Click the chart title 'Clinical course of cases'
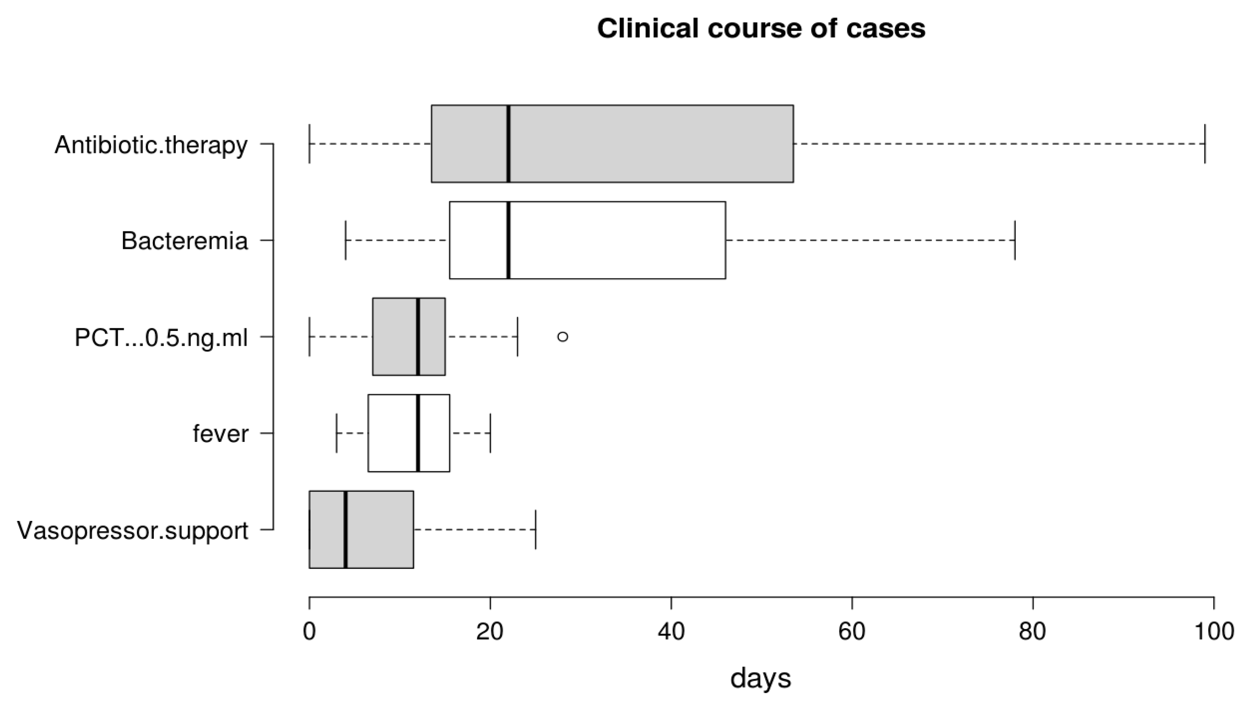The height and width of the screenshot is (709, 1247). pyautogui.click(x=761, y=28)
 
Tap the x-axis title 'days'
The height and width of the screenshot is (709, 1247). pyautogui.click(x=761, y=678)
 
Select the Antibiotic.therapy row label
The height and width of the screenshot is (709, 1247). pyautogui.click(x=151, y=145)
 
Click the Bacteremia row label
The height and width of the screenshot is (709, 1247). pyautogui.click(x=184, y=241)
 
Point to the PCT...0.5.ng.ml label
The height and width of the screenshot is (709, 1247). pyautogui.click(x=161, y=337)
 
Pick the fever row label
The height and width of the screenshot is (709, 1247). pyautogui.click(x=220, y=433)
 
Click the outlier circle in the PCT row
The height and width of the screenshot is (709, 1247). pyautogui.click(x=563, y=336)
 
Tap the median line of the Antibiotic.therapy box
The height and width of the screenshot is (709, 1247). pyautogui.click(x=508, y=144)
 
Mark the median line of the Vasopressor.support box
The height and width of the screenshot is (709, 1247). pyautogui.click(x=345, y=529)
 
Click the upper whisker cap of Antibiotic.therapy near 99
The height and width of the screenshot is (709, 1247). pyautogui.click(x=1205, y=144)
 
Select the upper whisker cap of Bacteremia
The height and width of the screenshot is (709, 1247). pyautogui.click(x=1015, y=240)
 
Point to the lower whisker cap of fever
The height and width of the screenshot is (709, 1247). pyautogui.click(x=337, y=433)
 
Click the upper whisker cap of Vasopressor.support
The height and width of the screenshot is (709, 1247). pyautogui.click(x=536, y=529)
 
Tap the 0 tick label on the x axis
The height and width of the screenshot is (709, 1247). pyautogui.click(x=309, y=631)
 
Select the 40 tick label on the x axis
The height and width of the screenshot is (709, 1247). pyautogui.click(x=671, y=631)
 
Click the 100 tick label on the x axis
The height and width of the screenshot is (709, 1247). pyautogui.click(x=1214, y=631)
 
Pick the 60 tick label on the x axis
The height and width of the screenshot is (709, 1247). pyautogui.click(x=852, y=631)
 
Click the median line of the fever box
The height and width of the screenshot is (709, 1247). pyautogui.click(x=418, y=433)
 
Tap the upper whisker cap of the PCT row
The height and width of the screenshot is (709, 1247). pyautogui.click(x=518, y=336)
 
